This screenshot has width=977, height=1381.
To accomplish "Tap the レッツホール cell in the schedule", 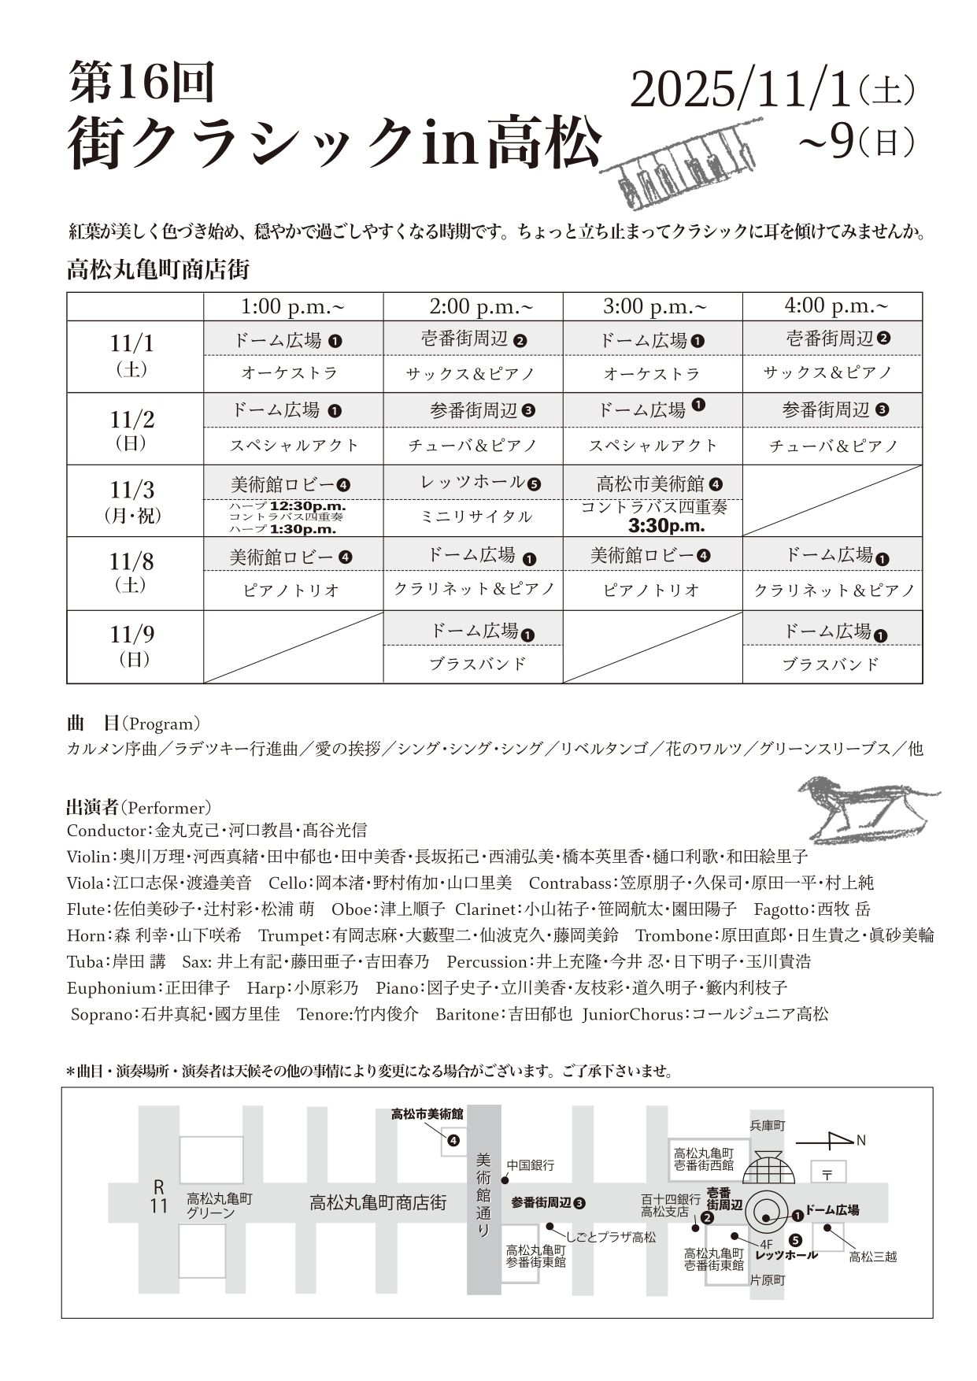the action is (480, 483).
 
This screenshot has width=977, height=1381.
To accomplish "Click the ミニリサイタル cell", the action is (474, 516).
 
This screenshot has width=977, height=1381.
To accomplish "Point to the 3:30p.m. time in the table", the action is (666, 525).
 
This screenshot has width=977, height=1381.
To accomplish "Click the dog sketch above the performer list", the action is (866, 809).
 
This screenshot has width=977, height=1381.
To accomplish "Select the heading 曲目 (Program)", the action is (133, 724).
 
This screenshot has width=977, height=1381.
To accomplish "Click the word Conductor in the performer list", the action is (106, 831).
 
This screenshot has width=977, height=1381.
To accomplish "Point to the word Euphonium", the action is (111, 988).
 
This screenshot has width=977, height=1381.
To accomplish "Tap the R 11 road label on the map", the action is (159, 1197).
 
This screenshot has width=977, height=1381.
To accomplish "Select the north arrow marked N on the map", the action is (831, 1140).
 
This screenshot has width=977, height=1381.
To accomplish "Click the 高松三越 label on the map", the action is (873, 1257).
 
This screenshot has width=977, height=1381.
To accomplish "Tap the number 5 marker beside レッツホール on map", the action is (796, 1239).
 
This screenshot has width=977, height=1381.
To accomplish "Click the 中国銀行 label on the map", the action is (531, 1164).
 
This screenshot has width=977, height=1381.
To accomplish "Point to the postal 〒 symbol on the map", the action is (828, 1174).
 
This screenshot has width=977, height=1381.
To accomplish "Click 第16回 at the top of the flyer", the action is (142, 83).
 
